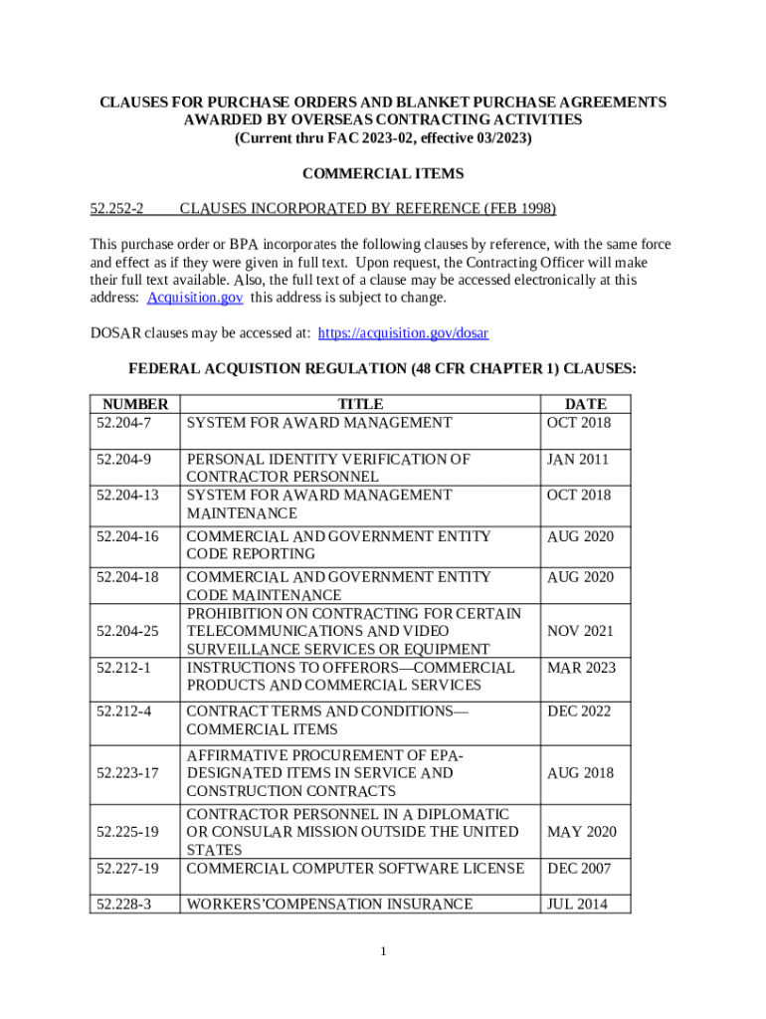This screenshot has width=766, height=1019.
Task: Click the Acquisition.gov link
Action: (x=195, y=298)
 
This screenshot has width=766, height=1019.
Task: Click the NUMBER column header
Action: (x=134, y=404)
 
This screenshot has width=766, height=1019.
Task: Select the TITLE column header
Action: (x=360, y=404)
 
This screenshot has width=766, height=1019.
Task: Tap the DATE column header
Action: (x=585, y=404)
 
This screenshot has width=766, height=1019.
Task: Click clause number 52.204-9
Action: (x=124, y=460)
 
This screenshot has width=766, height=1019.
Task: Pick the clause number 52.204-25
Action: (x=128, y=631)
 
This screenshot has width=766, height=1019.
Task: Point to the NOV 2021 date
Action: (x=580, y=631)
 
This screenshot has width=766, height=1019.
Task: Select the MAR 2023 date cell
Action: (x=581, y=667)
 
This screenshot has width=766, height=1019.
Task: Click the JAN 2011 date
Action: (x=577, y=460)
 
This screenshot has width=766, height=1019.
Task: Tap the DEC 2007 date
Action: (x=579, y=869)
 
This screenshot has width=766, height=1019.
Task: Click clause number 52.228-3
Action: (x=124, y=905)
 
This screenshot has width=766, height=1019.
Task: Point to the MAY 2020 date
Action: (x=581, y=831)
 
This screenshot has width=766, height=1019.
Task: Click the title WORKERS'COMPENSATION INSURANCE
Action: (x=330, y=905)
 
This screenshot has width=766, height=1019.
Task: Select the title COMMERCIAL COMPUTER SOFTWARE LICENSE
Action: (x=355, y=869)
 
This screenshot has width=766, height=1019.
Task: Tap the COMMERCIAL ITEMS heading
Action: (x=383, y=174)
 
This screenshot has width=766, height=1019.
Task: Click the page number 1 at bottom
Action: (x=383, y=952)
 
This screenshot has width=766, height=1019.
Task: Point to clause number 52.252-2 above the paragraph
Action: (x=117, y=209)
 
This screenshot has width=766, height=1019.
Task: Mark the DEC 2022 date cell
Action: (x=579, y=712)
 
